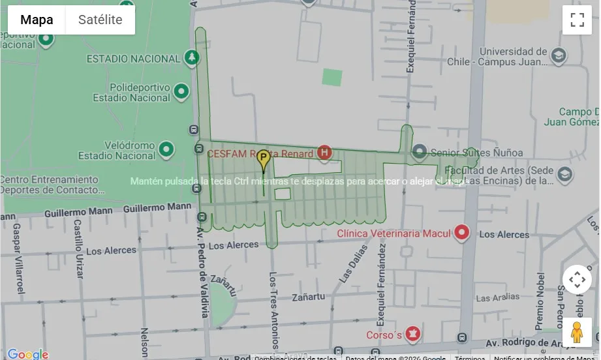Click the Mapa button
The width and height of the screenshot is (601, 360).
pyautogui.click(x=37, y=20)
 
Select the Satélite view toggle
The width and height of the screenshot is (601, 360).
pyautogui.click(x=100, y=20)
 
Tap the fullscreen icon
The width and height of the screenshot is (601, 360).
pyautogui.click(x=577, y=20)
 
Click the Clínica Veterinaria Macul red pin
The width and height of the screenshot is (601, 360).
pyautogui.click(x=462, y=232)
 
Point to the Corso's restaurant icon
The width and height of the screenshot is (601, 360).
pyautogui.click(x=412, y=335)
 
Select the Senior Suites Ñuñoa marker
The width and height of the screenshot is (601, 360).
pyautogui.click(x=420, y=153)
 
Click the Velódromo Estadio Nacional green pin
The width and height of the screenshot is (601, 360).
pyautogui.click(x=166, y=149)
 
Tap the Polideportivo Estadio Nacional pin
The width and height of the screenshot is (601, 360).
pyautogui.click(x=181, y=92)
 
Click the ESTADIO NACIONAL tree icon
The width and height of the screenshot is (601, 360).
pyautogui.click(x=192, y=58)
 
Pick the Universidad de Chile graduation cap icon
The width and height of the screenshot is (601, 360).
pyautogui.click(x=558, y=55)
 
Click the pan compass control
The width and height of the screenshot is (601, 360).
pyautogui.click(x=577, y=280)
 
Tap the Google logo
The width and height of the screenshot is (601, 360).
pyautogui.click(x=27, y=354)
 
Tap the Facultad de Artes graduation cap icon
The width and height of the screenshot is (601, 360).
pyautogui.click(x=565, y=174)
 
